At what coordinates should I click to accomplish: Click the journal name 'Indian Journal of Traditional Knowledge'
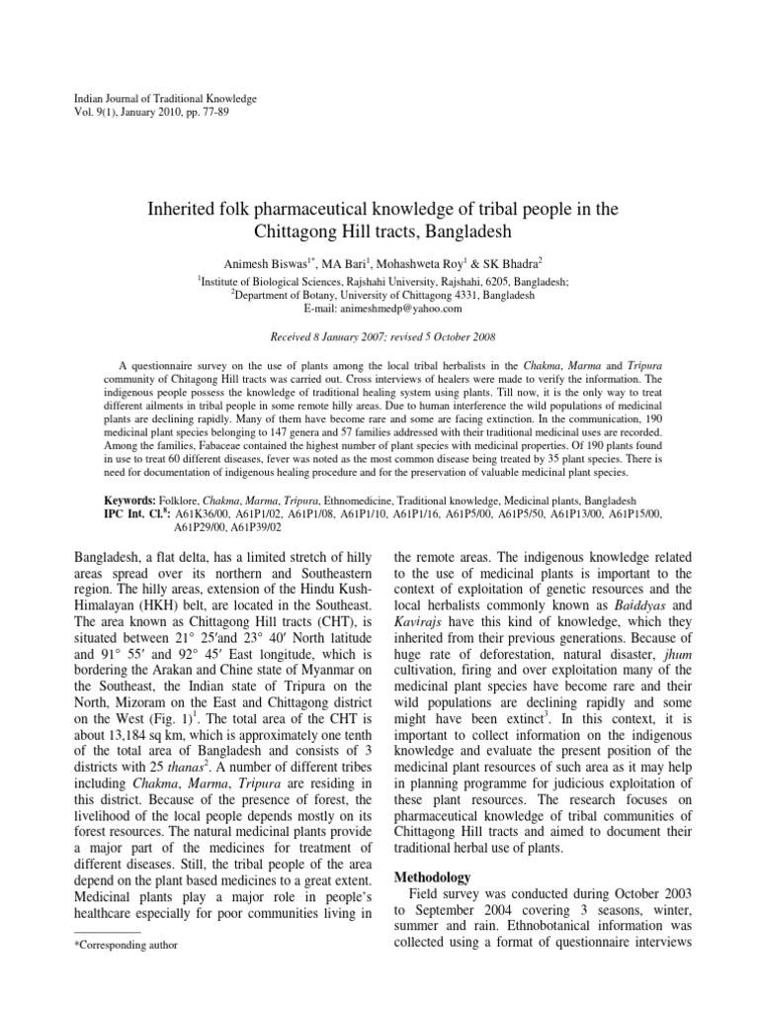tap(166, 99)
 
